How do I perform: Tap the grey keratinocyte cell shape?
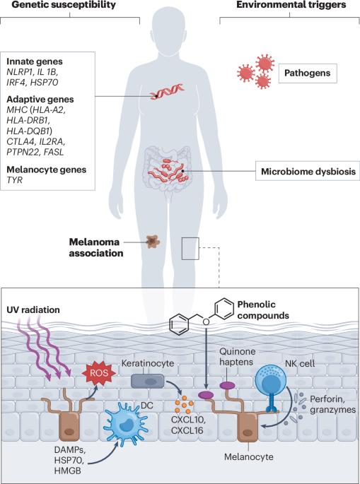(149, 381)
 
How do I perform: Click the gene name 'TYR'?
(14, 181)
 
